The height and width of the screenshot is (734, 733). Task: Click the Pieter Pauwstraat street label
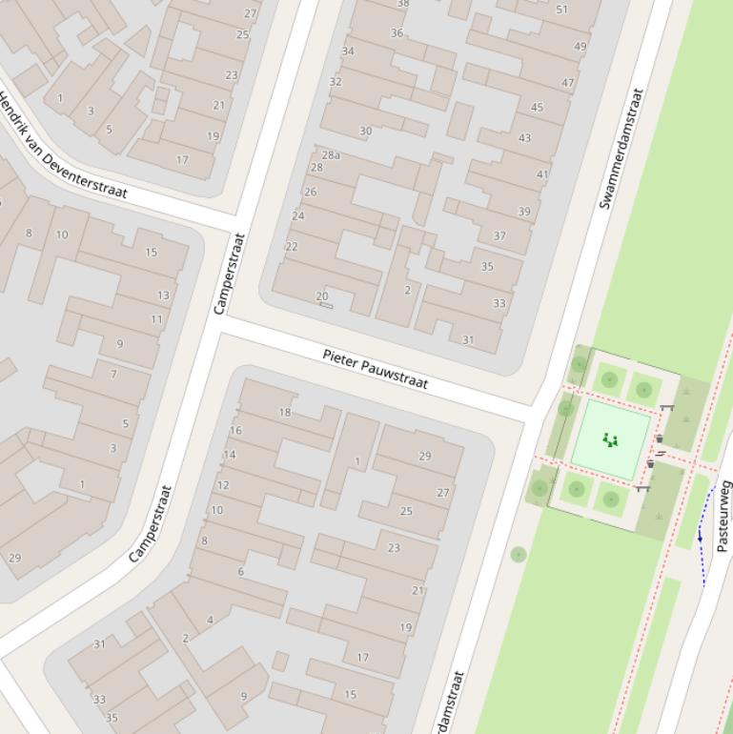coord(375,369)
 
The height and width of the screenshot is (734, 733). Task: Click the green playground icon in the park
coord(610,439)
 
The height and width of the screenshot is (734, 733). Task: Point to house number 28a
coord(331,154)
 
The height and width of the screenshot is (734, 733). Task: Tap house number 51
coord(561,10)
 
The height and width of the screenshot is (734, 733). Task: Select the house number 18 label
coord(284,412)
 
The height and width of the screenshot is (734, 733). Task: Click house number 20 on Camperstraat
coord(322,296)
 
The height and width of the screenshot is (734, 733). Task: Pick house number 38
coord(402,4)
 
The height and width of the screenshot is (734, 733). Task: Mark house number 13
coord(163,296)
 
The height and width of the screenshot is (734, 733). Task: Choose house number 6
coord(240,571)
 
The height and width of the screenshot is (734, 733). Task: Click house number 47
coord(568,83)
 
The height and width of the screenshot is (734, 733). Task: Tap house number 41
coord(542,174)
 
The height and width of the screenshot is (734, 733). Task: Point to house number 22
coord(292,246)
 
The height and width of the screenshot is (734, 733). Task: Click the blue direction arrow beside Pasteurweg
coord(701,538)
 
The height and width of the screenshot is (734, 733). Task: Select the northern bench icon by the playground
coord(666,408)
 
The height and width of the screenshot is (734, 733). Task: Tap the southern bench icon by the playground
coord(642,488)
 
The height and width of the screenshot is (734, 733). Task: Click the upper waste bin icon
coord(659,439)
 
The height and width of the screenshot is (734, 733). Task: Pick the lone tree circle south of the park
coord(518,554)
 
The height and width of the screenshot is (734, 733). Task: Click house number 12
coord(223,484)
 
